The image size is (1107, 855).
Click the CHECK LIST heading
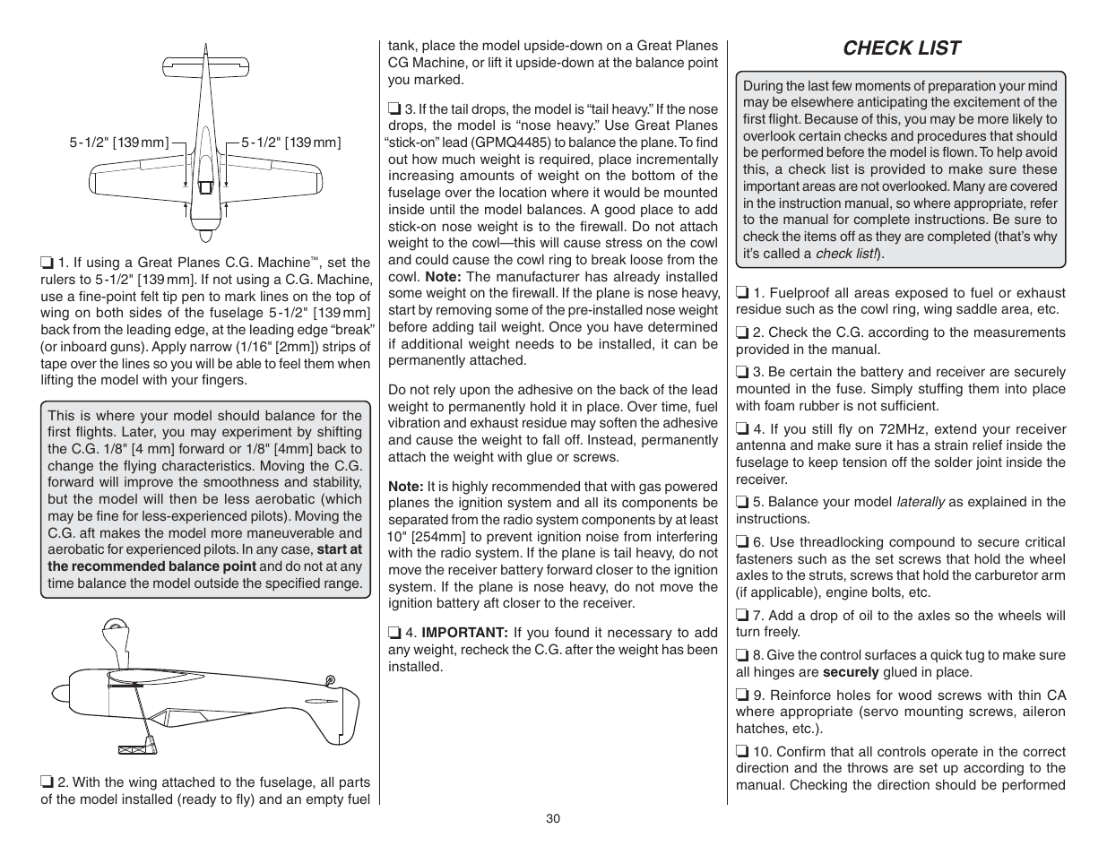(x=901, y=48)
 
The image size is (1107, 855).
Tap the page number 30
(x=553, y=818)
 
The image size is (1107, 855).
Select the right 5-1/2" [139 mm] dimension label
(x=291, y=142)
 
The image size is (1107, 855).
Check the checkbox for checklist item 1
(x=742, y=293)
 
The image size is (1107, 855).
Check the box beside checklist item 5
(x=742, y=503)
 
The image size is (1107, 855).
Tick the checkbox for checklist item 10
(x=742, y=752)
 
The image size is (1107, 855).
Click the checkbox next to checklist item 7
(x=742, y=616)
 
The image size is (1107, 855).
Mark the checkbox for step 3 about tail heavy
(x=394, y=109)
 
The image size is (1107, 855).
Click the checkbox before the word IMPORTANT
(x=394, y=633)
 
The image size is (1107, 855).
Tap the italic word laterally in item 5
(x=921, y=502)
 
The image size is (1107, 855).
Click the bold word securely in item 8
(x=851, y=672)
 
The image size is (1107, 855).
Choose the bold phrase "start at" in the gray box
(x=340, y=549)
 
